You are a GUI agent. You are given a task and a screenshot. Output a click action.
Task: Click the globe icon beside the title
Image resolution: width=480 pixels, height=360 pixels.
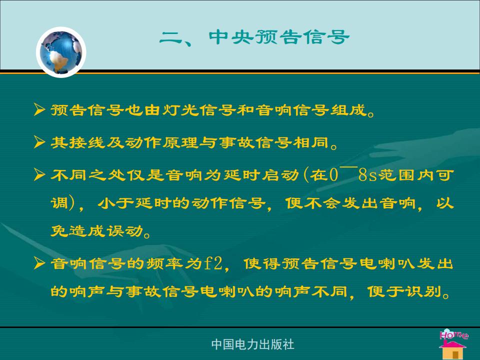click(61, 52)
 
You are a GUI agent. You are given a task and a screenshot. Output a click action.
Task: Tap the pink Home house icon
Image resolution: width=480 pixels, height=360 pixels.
click(453, 344)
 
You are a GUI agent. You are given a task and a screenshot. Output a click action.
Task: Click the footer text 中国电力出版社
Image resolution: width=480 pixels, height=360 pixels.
click(252, 344)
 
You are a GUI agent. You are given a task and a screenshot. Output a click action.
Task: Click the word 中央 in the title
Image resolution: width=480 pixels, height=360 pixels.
click(231, 37)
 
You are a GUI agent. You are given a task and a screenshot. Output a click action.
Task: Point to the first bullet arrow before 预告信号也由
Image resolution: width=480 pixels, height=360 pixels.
click(39, 109)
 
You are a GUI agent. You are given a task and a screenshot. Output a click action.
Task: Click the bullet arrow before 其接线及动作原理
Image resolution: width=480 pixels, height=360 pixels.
click(39, 142)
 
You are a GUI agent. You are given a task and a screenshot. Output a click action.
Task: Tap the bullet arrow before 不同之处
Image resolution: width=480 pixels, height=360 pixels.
click(39, 174)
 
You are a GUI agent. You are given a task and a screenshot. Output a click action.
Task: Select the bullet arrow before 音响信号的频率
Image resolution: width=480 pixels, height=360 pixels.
click(39, 263)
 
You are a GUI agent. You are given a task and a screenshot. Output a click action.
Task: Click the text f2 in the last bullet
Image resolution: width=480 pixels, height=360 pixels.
click(213, 263)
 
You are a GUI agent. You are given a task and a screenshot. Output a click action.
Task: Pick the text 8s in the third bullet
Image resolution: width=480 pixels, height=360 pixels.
click(367, 175)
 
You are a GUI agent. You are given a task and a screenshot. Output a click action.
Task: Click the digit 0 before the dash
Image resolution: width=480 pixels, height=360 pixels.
click(333, 175)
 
